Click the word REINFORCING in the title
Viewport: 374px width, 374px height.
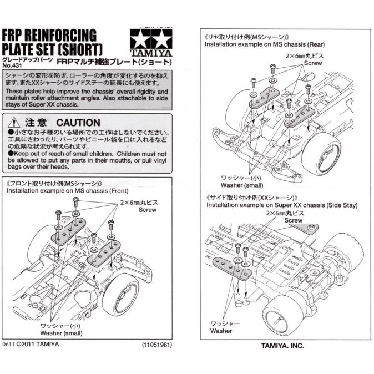point(62,36)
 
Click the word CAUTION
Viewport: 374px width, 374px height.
point(78,122)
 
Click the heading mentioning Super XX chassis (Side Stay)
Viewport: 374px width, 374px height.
point(282,205)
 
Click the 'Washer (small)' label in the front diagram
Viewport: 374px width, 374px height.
point(62,333)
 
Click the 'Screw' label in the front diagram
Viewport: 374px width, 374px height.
point(148,210)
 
